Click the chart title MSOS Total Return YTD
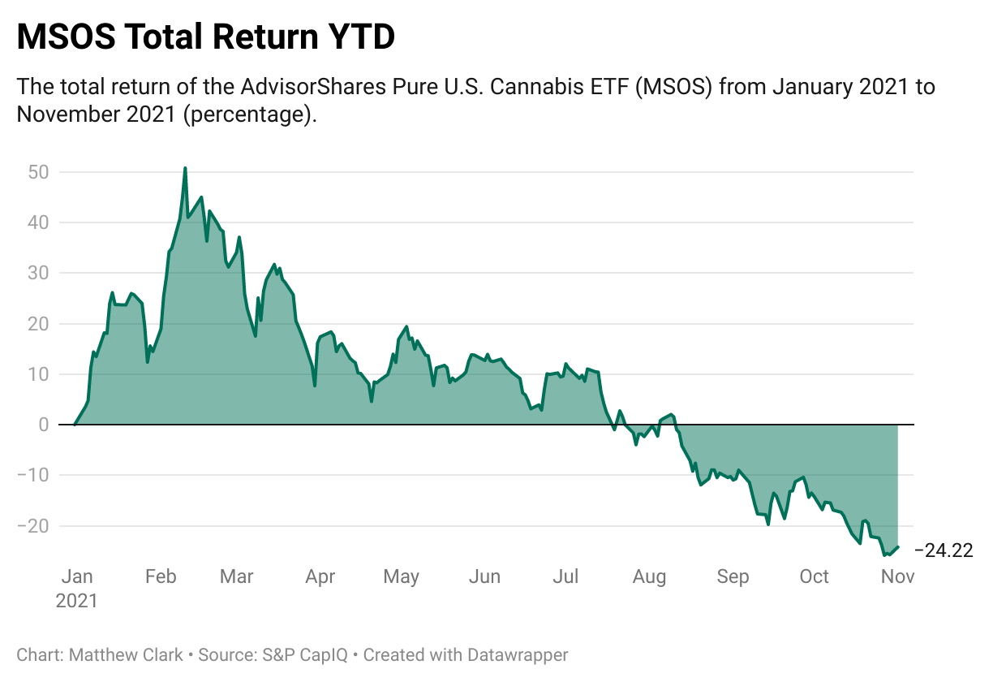pos(205,37)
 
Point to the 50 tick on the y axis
pos(39,172)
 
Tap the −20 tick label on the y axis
pos(32,525)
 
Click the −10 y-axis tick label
pos(32,475)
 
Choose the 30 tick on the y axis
pos(39,273)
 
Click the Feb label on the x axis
pos(160,576)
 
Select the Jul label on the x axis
pos(565,576)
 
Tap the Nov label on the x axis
pos(898,576)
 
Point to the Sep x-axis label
pos(733,576)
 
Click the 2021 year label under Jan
pos(76,601)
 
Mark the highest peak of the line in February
pos(185,168)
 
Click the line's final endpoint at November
pos(897,547)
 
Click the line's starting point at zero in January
pos(75,425)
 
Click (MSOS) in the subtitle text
pos(673,86)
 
